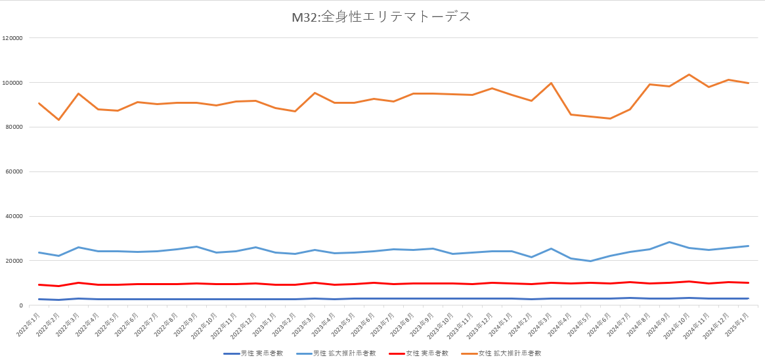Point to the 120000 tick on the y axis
pos(13,38)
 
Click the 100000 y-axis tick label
pos(13,83)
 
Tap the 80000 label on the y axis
pos(14,127)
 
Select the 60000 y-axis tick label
pos(14,172)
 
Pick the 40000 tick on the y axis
pos(14,217)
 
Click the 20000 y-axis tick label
pos(14,261)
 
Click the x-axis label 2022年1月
pos(29,322)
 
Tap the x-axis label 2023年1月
pos(265,322)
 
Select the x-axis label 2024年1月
pos(502,322)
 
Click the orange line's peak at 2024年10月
pos(689,74)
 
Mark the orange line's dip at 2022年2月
pos(59,120)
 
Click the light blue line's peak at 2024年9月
pos(669,242)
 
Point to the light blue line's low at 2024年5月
pos(590,261)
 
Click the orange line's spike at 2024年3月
pos(551,83)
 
